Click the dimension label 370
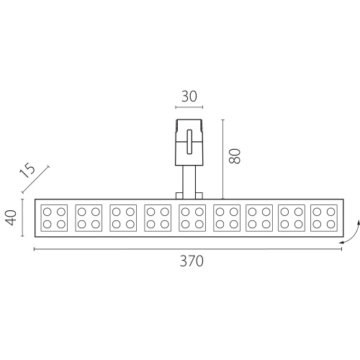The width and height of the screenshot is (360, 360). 192,261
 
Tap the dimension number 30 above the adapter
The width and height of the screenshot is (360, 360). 189,96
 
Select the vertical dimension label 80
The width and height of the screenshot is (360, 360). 235,156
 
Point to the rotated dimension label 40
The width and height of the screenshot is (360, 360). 11,217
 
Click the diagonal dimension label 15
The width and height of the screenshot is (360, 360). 27,170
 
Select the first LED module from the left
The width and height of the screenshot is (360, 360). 54,218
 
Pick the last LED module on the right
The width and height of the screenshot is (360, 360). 324,218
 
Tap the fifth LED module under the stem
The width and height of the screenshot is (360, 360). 192,218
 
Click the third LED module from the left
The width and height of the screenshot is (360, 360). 123,218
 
